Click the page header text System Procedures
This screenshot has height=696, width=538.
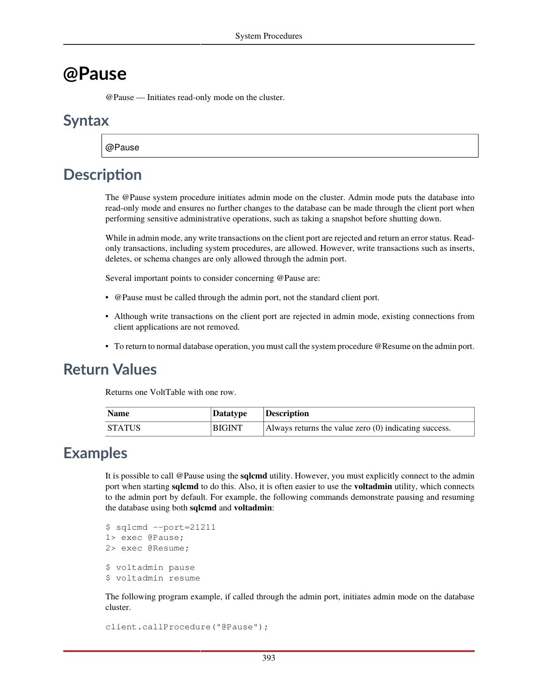268,36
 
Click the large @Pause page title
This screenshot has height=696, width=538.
95,73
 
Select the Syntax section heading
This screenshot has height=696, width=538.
86,120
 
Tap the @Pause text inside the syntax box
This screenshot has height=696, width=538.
122,147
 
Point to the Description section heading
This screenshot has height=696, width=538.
102,174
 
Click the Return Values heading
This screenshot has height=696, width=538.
110,369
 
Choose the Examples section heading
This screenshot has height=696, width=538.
95,453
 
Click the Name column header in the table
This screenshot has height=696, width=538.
118,414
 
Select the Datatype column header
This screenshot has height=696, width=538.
230,414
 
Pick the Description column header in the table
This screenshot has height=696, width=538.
287,414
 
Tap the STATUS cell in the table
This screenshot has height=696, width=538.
124,428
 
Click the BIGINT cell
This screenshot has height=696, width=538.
227,428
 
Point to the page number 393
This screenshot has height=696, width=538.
269,658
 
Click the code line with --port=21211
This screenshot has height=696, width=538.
160,527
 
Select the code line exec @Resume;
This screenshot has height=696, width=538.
147,548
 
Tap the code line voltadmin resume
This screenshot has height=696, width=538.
153,578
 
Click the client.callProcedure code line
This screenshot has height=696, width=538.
187,627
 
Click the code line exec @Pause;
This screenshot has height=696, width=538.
145,537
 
